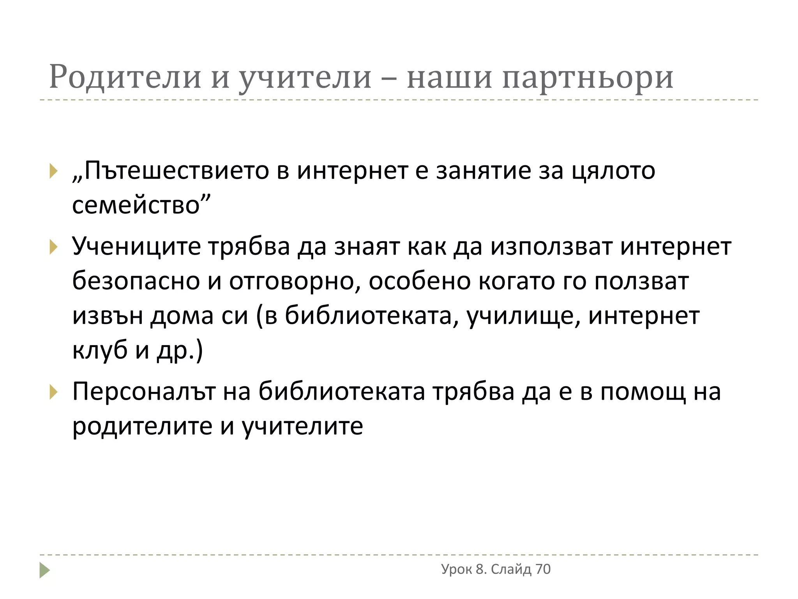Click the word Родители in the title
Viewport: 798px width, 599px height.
(125, 77)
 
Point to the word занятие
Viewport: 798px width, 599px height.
(483, 171)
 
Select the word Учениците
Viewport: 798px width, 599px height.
(136, 247)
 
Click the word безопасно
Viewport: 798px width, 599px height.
(136, 281)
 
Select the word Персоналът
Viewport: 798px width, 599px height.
(144, 392)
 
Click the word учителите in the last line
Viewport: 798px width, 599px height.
(302, 426)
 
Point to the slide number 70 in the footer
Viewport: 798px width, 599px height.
(543, 569)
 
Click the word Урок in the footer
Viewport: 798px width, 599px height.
(456, 569)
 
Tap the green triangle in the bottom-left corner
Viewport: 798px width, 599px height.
(44, 570)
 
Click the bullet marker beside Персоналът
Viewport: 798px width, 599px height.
(53, 392)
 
